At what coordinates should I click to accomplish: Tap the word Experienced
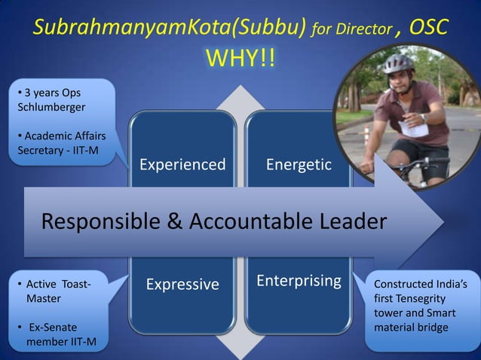pyautogui.click(x=182, y=164)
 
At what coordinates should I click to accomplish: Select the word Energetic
pyautogui.click(x=299, y=164)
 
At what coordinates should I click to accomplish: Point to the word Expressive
pyautogui.click(x=182, y=284)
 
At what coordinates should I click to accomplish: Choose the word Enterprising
pyautogui.click(x=299, y=281)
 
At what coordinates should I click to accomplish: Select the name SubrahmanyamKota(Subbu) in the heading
pyautogui.click(x=170, y=29)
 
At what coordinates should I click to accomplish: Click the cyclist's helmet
pyautogui.click(x=397, y=64)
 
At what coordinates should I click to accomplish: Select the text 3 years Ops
pyautogui.click(x=51, y=93)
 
